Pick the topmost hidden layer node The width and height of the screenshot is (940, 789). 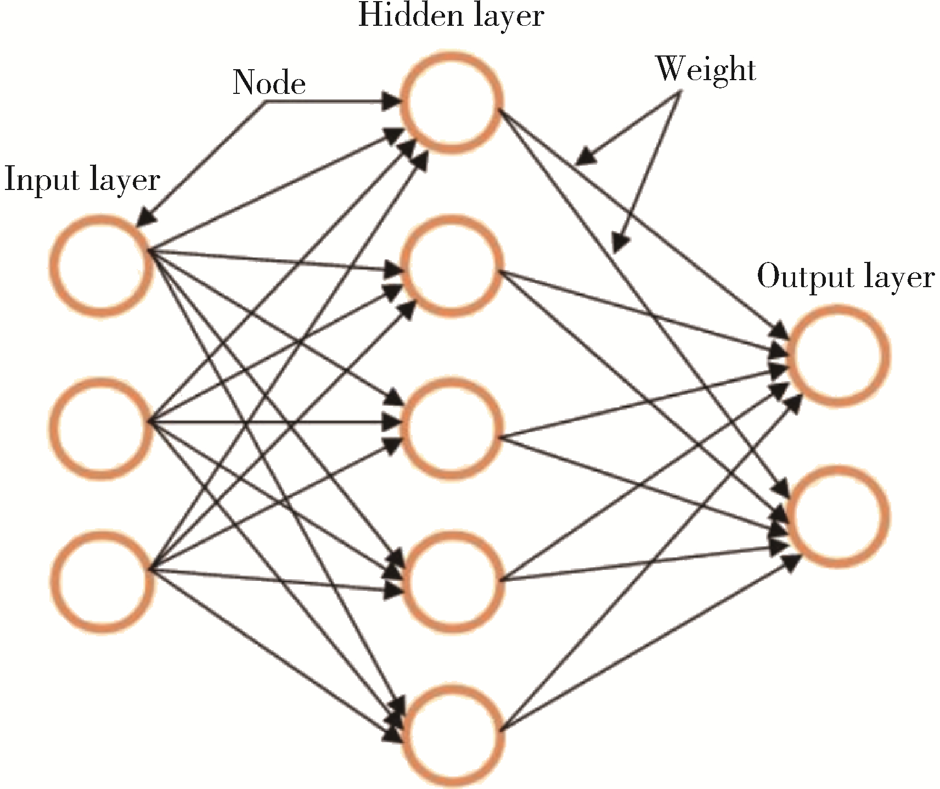tap(452, 103)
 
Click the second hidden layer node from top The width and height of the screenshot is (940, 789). tap(452, 266)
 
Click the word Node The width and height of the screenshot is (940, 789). tap(269, 83)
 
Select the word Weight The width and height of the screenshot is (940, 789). tap(706, 70)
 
